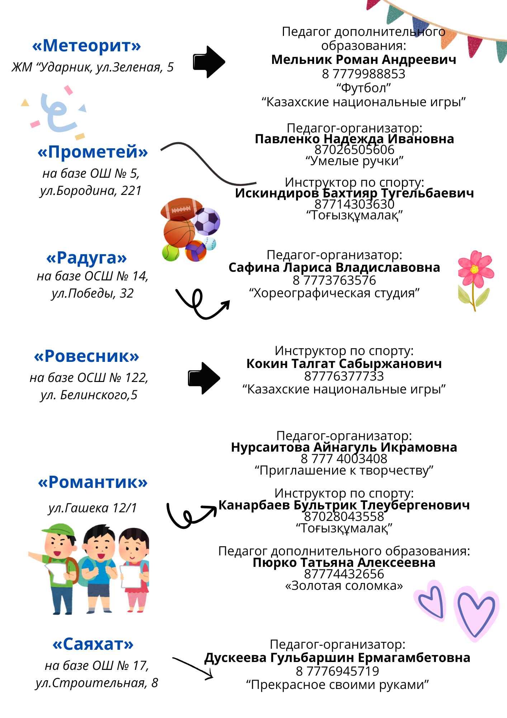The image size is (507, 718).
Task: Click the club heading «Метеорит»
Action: pyautogui.click(x=86, y=46)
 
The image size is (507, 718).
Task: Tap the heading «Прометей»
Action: pyautogui.click(x=93, y=152)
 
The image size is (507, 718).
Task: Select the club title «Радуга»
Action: pyautogui.click(x=87, y=258)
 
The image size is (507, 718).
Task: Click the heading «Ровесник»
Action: pyautogui.click(x=86, y=356)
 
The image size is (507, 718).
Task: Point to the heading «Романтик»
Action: pyautogui.click(x=93, y=482)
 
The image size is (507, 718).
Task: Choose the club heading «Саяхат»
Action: pyautogui.click(x=93, y=644)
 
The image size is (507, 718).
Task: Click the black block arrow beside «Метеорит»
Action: pyautogui.click(x=209, y=62)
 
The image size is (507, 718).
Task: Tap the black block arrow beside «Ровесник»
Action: pyautogui.click(x=204, y=378)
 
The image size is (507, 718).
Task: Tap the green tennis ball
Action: pyautogui.click(x=171, y=253)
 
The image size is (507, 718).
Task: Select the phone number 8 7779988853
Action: pyautogui.click(x=364, y=74)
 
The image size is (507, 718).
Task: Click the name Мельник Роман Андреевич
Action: pyautogui.click(x=364, y=60)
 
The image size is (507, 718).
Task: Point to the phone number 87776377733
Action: pyautogui.click(x=344, y=376)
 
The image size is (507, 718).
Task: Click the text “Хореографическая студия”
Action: pyautogui.click(x=334, y=293)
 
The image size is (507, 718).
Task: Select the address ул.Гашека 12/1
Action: pyautogui.click(x=93, y=508)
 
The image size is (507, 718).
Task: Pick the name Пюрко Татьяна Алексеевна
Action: pyautogui.click(x=344, y=563)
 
